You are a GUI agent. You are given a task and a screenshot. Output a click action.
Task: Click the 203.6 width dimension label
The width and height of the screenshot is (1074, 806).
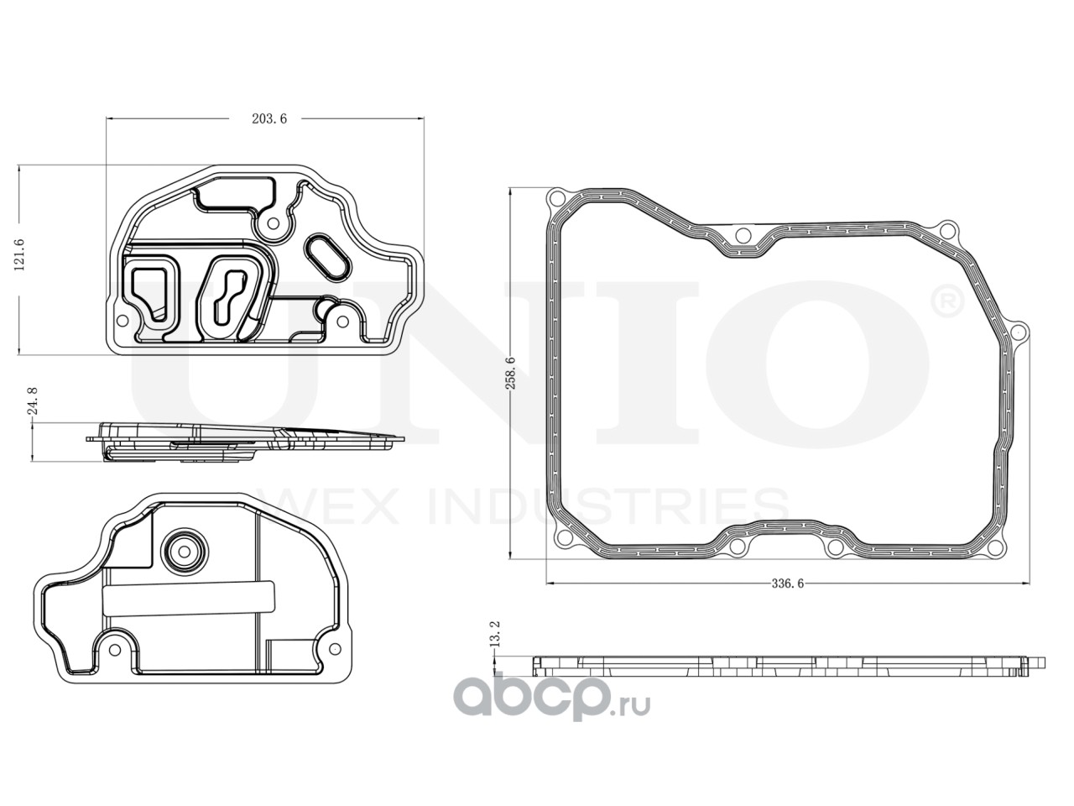[269, 119]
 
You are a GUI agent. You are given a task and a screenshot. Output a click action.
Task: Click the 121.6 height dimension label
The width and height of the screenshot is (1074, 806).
[19, 255]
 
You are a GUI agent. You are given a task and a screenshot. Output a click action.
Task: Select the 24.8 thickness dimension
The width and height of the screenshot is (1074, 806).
[32, 401]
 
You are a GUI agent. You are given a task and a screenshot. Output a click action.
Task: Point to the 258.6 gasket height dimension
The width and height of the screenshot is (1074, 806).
[510, 374]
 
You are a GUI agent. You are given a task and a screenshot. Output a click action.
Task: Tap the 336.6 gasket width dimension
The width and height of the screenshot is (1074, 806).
[788, 584]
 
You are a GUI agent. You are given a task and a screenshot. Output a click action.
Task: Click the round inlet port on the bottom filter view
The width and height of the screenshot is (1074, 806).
[185, 552]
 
